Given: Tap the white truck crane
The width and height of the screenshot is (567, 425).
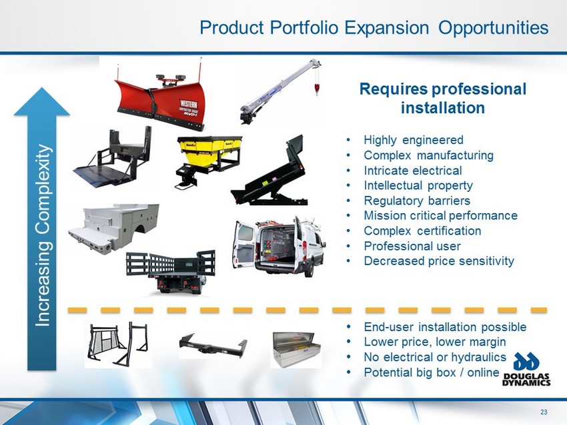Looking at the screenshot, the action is (278, 92).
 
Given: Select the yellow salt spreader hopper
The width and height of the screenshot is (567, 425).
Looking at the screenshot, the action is (209, 159).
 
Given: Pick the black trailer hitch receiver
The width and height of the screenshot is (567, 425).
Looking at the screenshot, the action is (213, 346).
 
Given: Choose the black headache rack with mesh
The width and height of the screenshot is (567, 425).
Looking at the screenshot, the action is (118, 344).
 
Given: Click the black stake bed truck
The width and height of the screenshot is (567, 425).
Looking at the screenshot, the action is (171, 272).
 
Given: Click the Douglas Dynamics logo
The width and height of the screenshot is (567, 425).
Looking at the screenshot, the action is (526, 369).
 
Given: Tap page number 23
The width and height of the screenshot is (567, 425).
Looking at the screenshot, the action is (544, 412).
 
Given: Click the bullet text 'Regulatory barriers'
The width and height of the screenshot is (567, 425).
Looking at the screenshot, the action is (417, 201).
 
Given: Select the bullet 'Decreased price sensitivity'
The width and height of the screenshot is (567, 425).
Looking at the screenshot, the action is (439, 260).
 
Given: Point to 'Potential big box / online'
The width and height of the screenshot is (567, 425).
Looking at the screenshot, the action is (432, 372).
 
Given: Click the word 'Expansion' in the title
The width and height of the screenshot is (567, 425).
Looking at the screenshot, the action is (386, 27).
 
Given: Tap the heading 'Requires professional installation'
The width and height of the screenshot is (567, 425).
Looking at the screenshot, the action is (443, 98).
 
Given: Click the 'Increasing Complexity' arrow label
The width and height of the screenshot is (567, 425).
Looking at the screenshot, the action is (42, 235).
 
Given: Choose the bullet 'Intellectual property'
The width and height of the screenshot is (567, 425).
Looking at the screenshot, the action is (418, 185).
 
